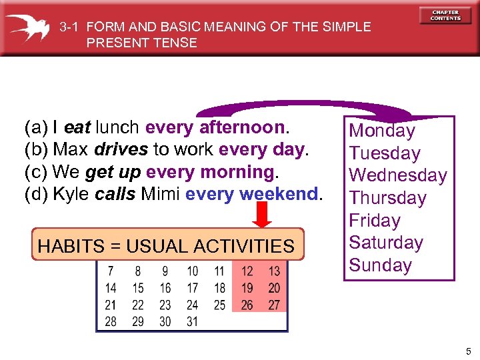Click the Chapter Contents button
click(445, 15)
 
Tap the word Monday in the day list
click(382, 131)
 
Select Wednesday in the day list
click(398, 175)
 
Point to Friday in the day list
click(375, 220)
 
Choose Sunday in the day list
click(381, 265)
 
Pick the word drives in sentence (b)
click(121, 149)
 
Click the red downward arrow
click(263, 214)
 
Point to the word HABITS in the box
click(69, 246)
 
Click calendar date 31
click(193, 321)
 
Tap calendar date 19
click(247, 288)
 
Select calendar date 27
click(274, 305)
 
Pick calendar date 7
click(111, 271)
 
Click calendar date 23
click(165, 305)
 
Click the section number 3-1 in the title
click(70, 27)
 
